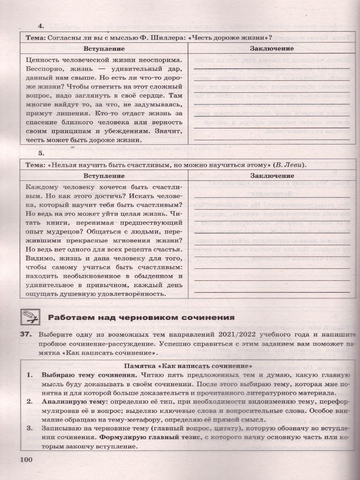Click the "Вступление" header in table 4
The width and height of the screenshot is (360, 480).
coord(104,48)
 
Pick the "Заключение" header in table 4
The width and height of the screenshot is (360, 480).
coord(272,48)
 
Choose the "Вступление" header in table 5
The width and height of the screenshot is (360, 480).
coord(104,176)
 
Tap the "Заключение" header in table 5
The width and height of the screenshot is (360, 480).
coord(272,176)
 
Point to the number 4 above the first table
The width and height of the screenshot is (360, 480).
coord(40,26)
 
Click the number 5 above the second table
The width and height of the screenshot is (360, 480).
coord(40,153)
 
